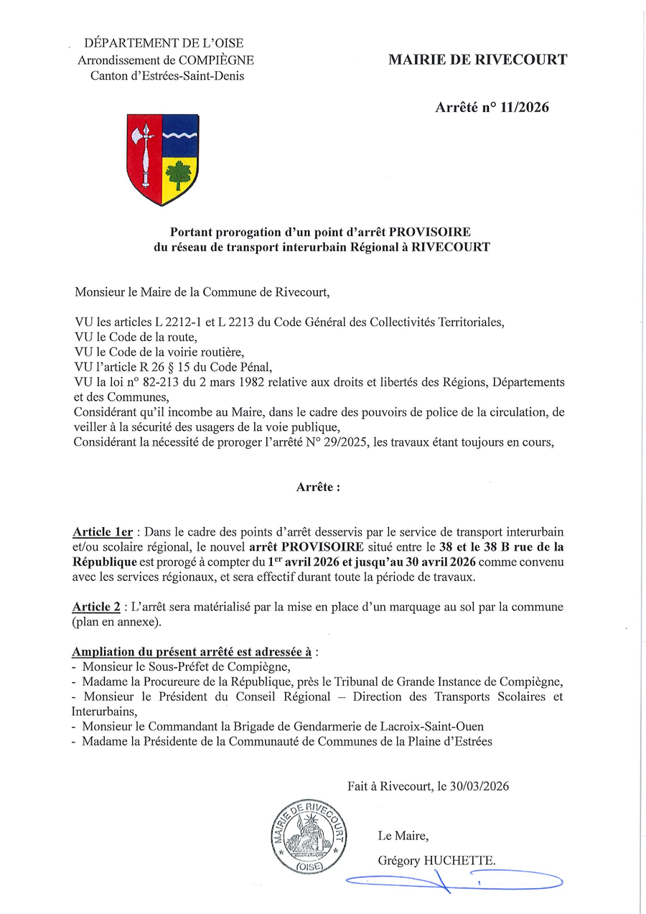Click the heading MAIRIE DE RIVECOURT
click(477, 60)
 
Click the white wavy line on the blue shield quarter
click(179, 135)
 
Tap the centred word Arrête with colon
click(318, 487)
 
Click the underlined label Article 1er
click(103, 532)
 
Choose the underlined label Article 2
click(96, 607)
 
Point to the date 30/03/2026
click(481, 786)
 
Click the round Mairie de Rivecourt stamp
click(309, 836)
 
